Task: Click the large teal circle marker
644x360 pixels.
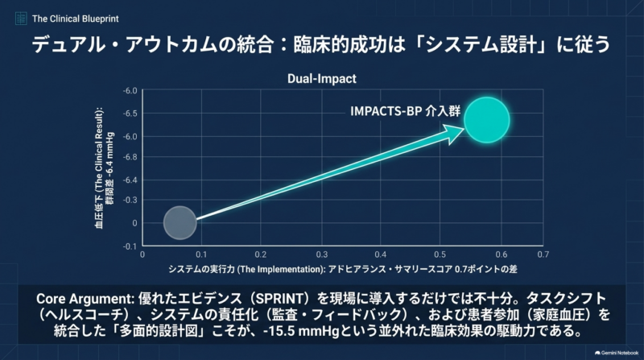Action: click(487, 120)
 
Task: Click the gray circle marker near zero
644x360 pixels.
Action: click(180, 223)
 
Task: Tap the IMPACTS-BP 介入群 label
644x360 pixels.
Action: click(405, 111)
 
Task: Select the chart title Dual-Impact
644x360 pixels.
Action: click(321, 78)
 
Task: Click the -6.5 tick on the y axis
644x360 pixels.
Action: click(130, 114)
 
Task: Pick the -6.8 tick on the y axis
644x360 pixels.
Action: click(130, 157)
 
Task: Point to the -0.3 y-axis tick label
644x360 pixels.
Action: click(130, 201)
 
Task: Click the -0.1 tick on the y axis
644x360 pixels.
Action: click(130, 246)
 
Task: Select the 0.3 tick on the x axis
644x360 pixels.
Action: click(321, 254)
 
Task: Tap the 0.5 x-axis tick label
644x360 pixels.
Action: click(440, 254)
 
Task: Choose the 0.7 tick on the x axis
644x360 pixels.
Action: click(543, 254)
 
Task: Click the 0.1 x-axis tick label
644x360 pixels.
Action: click(201, 254)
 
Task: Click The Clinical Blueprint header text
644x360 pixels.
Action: click(75, 19)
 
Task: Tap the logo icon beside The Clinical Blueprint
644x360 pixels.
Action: click(21, 19)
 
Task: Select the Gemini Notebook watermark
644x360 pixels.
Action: click(617, 353)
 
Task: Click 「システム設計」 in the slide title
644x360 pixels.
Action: click(481, 44)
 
